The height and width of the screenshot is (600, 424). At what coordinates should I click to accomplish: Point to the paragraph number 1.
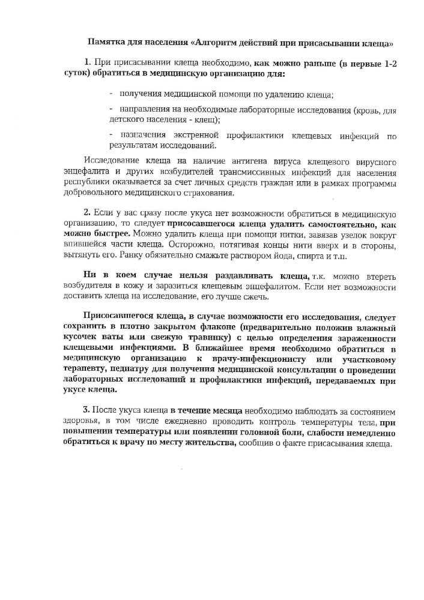(88, 63)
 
